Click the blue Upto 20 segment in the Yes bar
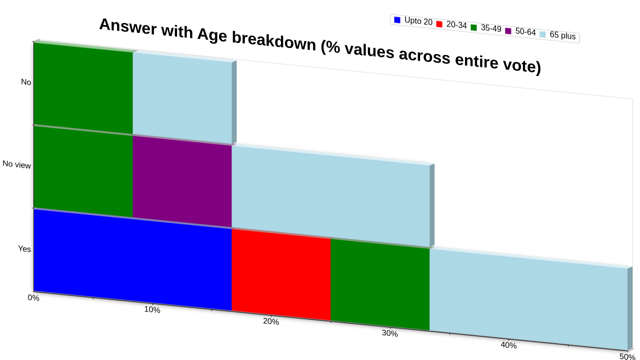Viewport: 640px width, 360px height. click(132, 260)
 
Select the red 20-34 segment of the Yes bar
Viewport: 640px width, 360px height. click(281, 275)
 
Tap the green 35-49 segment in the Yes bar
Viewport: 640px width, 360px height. click(380, 284)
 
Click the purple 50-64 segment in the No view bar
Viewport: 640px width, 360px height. click(182, 181)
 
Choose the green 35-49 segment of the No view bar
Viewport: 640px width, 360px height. click(83, 171)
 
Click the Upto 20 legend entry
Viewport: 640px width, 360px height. click(413, 21)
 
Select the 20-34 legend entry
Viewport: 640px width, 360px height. click(451, 24)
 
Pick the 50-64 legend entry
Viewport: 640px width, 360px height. click(520, 31)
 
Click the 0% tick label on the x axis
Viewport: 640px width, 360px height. click(33, 297)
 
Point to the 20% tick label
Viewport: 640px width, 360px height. click(271, 321)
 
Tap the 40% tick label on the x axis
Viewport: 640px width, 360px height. click(508, 345)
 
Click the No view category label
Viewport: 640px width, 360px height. click(16, 164)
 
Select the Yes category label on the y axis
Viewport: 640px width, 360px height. click(24, 249)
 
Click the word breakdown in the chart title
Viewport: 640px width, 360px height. click(273, 41)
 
